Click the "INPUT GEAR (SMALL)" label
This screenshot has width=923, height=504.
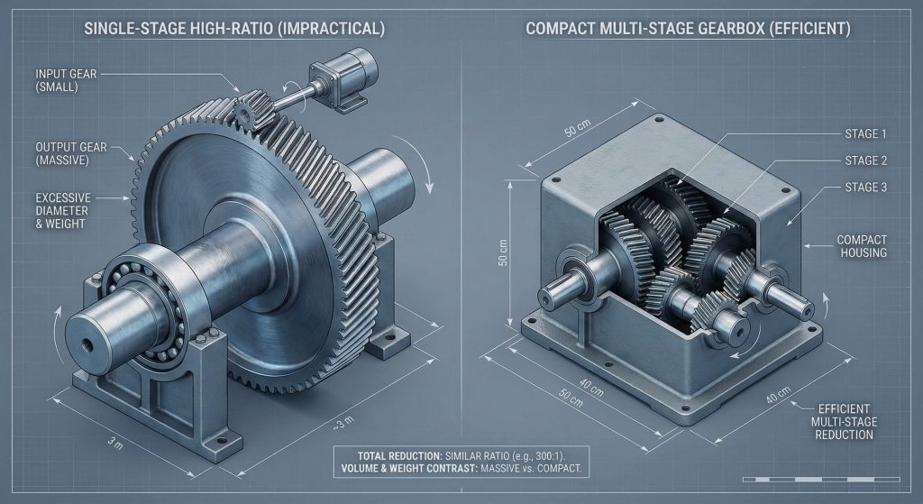pyautogui.click(x=66, y=80)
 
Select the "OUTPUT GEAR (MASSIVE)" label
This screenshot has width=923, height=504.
pyautogui.click(x=71, y=153)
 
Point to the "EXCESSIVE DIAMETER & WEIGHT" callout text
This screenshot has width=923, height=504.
pyautogui.click(x=64, y=211)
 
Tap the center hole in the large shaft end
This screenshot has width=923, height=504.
pyautogui.click(x=87, y=344)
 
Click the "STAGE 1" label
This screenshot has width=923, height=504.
pyautogui.click(x=865, y=134)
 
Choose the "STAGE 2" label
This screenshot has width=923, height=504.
pyautogui.click(x=866, y=160)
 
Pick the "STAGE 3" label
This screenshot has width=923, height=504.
pyautogui.click(x=866, y=188)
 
